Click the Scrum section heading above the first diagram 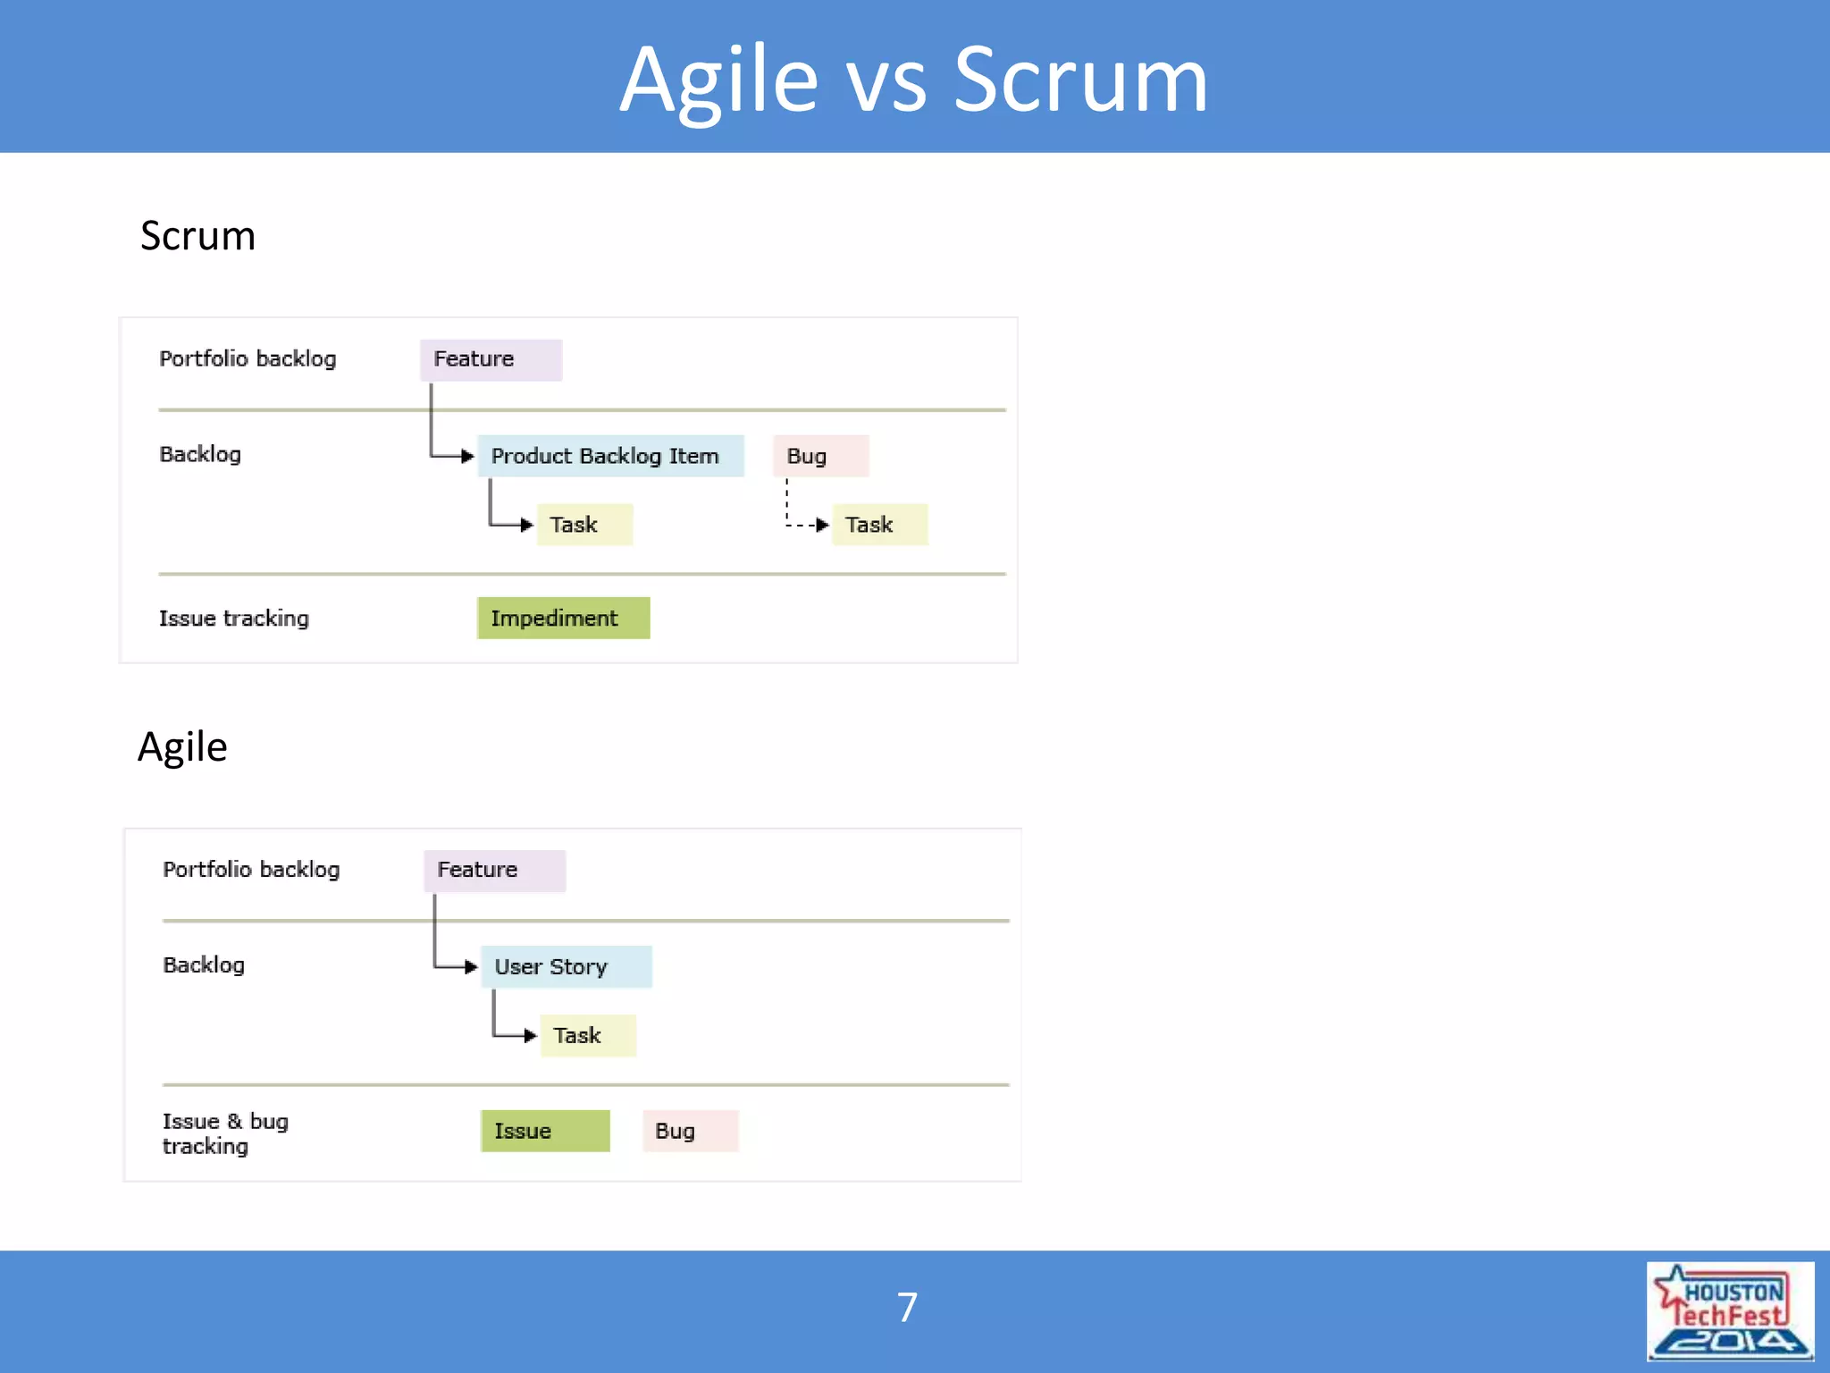(197, 236)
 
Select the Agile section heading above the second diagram (182, 746)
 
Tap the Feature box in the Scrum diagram (491, 359)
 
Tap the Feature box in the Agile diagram (494, 871)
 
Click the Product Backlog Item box (610, 456)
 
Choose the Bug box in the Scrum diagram (820, 456)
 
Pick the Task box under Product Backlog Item (584, 525)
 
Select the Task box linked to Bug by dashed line (879, 525)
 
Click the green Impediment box (563, 619)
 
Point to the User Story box (567, 967)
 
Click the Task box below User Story (588, 1036)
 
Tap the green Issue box (545, 1132)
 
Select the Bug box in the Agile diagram (690, 1132)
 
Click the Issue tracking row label (234, 619)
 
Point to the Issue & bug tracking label (225, 1133)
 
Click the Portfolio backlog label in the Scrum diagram (248, 359)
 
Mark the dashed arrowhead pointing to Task (822, 525)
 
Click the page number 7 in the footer (907, 1308)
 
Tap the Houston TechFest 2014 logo (1729, 1311)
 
